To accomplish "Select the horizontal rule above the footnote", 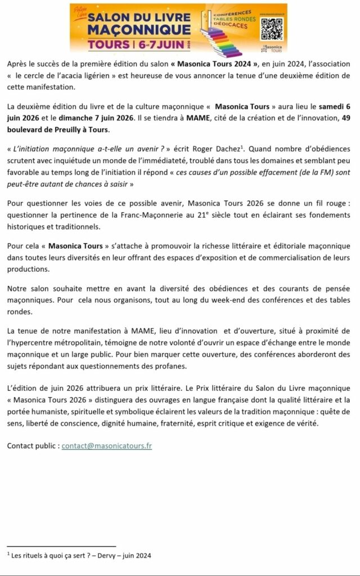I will click(61, 546).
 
